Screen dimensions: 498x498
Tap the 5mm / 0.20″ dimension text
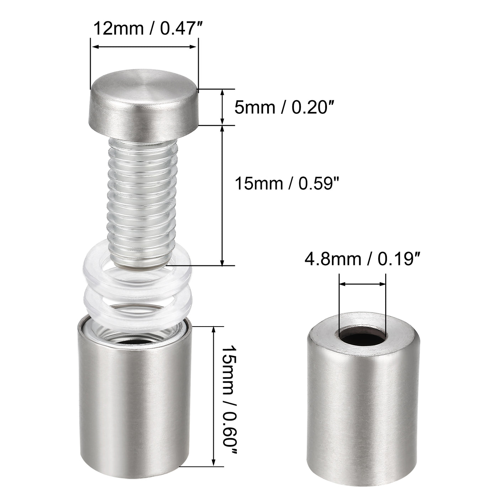(285, 107)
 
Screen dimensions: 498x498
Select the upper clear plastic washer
(103, 270)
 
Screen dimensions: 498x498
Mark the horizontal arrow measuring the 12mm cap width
(144, 47)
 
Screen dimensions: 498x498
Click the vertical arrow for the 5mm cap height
(223, 107)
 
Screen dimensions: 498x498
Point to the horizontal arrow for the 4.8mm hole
(362, 284)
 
